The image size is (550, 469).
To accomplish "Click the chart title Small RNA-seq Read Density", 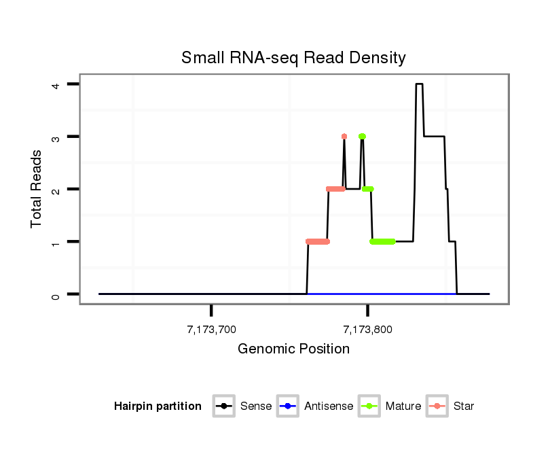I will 293,58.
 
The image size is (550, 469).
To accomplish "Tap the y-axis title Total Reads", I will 37,188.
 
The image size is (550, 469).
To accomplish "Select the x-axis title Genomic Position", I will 293,349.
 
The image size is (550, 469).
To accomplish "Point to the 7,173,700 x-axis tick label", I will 211,330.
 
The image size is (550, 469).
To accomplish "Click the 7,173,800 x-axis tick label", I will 368,330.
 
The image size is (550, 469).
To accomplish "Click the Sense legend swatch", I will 223,406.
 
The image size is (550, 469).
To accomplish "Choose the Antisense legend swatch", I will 288,406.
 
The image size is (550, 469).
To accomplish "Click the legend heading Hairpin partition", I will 158,406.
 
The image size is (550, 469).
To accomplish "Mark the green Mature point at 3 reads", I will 362,137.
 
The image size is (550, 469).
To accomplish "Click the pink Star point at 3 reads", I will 344,137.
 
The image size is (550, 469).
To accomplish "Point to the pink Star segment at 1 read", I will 317,241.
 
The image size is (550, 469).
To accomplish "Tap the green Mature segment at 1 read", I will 383,241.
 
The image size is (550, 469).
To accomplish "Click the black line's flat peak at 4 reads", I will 419,84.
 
